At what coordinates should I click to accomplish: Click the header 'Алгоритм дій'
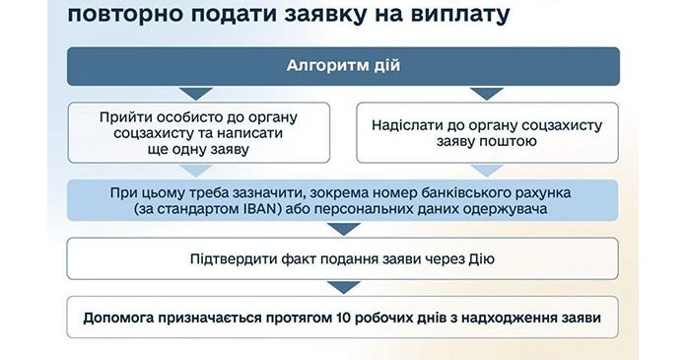[x=343, y=66]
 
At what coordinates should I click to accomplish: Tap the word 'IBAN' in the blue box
[x=261, y=208]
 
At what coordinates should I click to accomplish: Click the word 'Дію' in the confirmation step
[x=482, y=258]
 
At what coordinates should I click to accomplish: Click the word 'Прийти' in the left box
[x=125, y=117]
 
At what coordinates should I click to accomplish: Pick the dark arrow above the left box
[x=196, y=94]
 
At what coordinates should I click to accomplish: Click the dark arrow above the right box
[x=487, y=94]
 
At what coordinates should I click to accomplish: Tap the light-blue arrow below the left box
[x=196, y=171]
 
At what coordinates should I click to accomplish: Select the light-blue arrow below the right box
[x=487, y=171]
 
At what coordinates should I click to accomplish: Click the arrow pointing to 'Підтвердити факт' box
[x=344, y=229]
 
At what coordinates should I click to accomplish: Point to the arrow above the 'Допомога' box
[x=344, y=288]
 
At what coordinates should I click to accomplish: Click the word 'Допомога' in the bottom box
[x=118, y=318]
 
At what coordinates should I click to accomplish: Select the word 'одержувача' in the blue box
[x=508, y=209]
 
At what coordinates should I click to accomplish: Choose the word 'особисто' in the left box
[x=189, y=117]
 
